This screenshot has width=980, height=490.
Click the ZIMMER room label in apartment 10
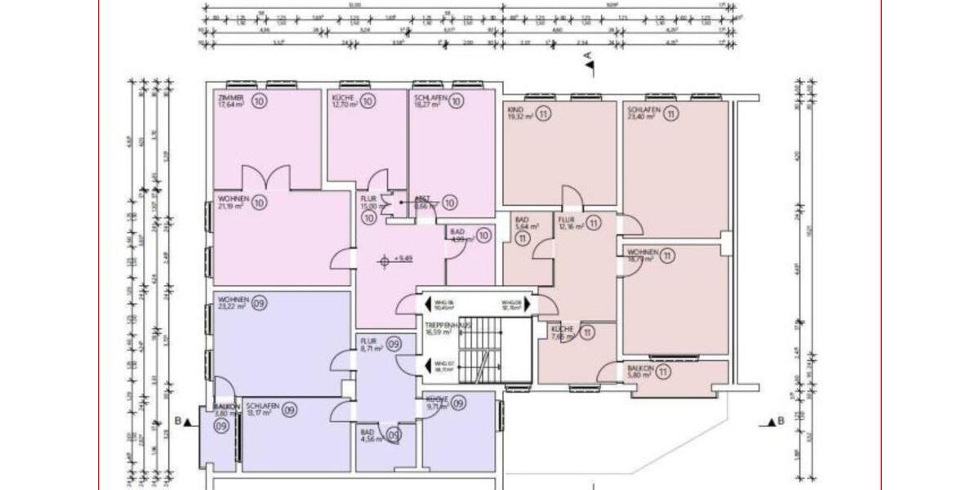230,97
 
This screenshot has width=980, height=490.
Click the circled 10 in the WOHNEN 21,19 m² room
260,203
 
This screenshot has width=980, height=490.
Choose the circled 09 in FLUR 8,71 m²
394,345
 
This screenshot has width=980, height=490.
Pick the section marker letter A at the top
586,56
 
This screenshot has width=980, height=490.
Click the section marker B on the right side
781,421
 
